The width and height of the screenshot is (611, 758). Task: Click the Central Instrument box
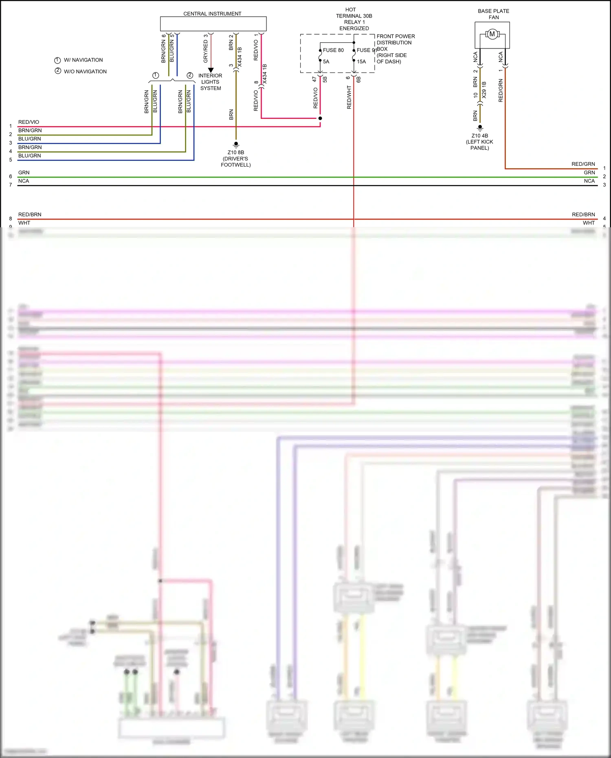click(x=213, y=24)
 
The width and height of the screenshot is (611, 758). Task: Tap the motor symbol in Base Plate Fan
click(x=492, y=34)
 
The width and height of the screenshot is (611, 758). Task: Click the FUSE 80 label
click(x=333, y=51)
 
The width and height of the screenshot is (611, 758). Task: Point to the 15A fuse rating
click(x=361, y=62)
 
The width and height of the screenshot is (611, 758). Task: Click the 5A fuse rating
click(x=326, y=62)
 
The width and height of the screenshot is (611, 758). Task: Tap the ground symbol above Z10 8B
click(x=236, y=144)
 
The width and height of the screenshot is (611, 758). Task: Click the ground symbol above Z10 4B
click(x=480, y=127)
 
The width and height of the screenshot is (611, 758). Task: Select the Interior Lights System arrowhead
click(x=211, y=70)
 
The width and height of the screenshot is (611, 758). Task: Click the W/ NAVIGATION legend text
click(x=83, y=60)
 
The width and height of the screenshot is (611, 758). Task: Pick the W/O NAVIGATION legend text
click(x=85, y=72)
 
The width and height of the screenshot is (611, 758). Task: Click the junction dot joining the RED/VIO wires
click(x=320, y=119)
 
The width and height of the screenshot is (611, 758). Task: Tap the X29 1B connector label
click(x=484, y=90)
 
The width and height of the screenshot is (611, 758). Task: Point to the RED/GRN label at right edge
click(x=583, y=164)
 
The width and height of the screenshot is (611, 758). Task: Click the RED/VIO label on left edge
click(x=29, y=122)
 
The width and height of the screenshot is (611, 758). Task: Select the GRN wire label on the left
click(x=24, y=173)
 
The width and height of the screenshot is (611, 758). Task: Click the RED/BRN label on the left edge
click(x=30, y=215)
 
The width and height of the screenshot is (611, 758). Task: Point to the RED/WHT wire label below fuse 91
click(x=349, y=97)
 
